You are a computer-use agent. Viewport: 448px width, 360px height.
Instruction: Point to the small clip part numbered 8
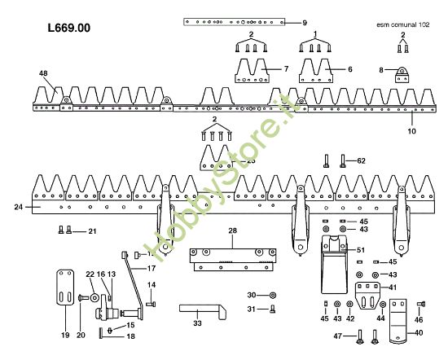click(400, 75)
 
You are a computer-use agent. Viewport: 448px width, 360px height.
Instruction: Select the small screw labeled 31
click(272, 308)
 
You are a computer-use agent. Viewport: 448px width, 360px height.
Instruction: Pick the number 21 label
click(92, 232)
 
